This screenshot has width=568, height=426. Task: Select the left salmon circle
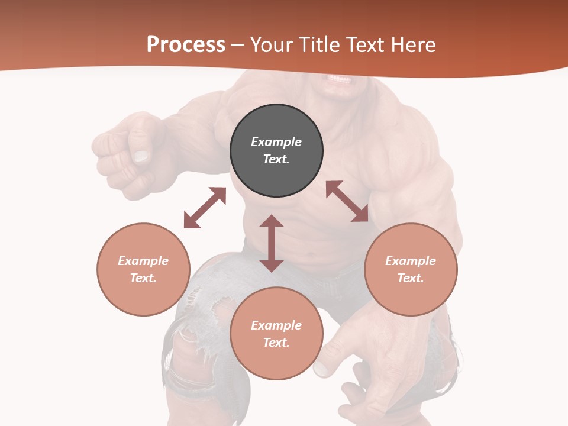[143, 269]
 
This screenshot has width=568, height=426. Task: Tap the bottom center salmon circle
[276, 333]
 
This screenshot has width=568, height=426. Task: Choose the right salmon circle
[411, 269]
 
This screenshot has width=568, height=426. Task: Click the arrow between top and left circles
[205, 208]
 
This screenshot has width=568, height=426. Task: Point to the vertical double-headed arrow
[272, 243]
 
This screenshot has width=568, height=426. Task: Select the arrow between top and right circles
[347, 201]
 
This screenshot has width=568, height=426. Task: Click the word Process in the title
[186, 45]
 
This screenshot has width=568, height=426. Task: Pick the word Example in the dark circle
[276, 142]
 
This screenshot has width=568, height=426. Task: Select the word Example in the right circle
[411, 261]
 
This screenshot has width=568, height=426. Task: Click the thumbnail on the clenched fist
[141, 156]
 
